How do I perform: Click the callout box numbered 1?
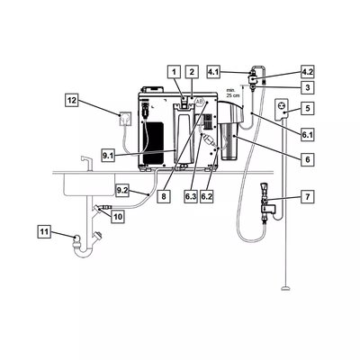point(174,72)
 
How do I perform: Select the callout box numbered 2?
point(192,72)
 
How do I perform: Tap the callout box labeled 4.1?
point(213,73)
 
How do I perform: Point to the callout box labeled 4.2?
point(308,73)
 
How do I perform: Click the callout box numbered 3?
point(308,88)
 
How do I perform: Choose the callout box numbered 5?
point(308,108)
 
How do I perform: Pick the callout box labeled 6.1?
point(308,135)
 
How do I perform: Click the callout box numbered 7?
point(308,197)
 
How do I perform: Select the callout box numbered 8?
point(164,197)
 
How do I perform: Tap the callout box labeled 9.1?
point(108,156)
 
